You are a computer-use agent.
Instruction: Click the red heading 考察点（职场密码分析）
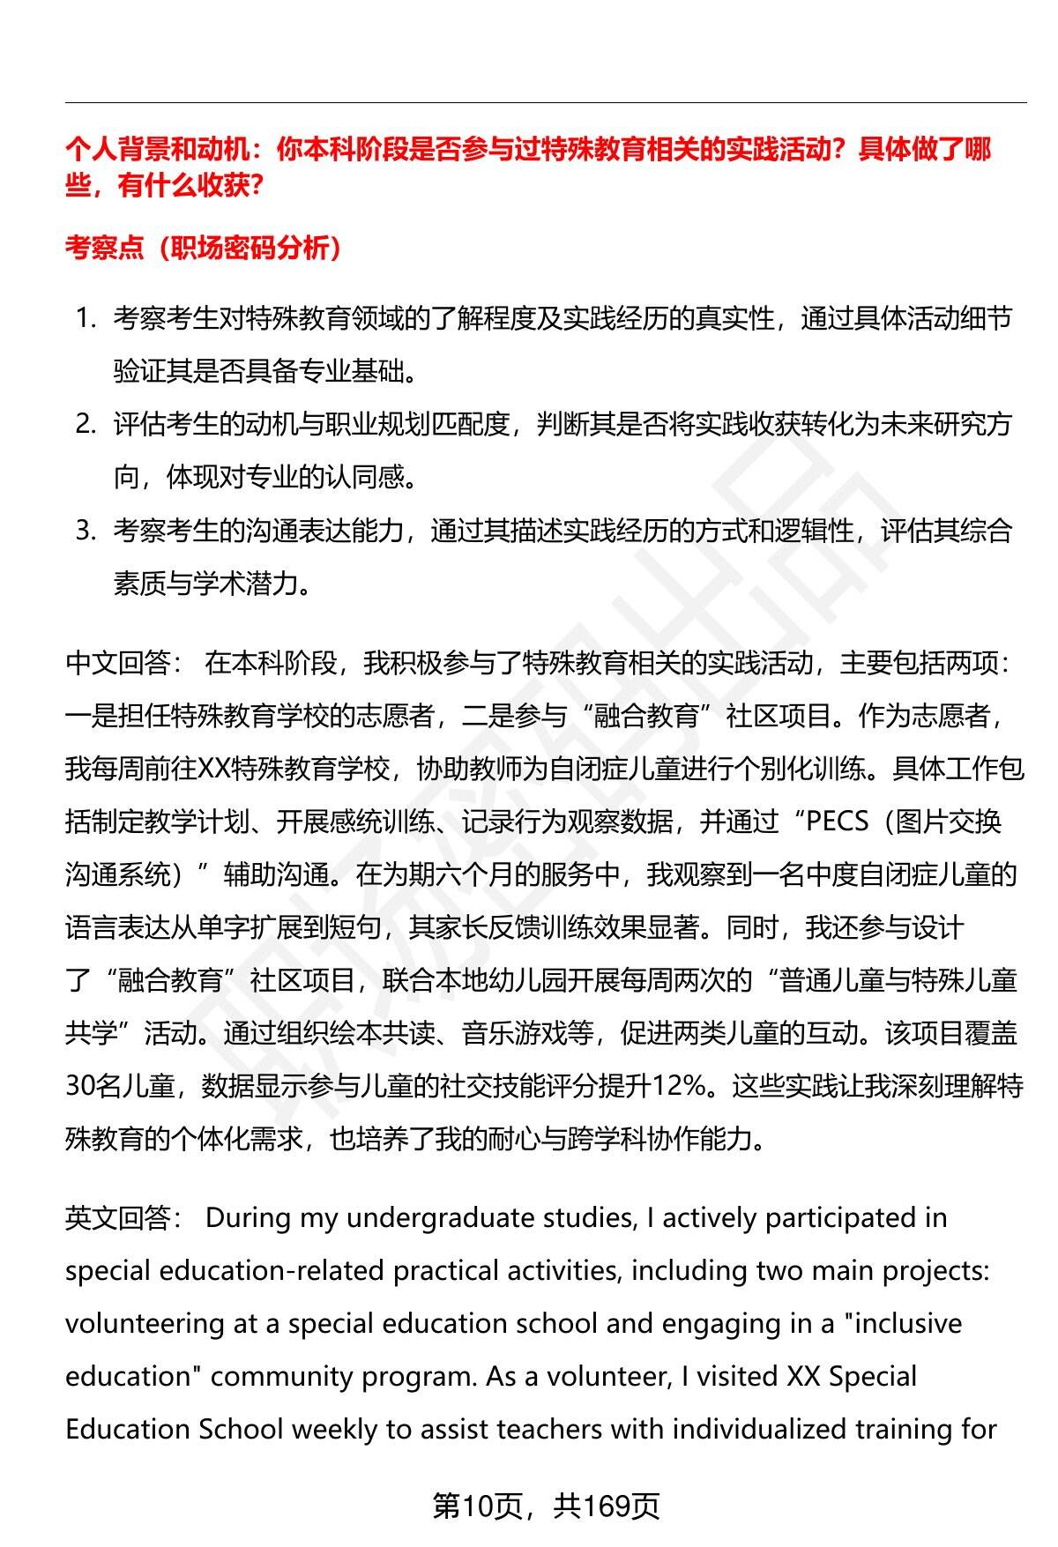coord(204,249)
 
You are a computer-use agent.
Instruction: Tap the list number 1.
coord(86,318)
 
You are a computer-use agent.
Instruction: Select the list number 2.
coord(86,424)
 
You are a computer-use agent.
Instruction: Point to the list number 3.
coord(86,530)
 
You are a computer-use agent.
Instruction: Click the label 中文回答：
coord(124,663)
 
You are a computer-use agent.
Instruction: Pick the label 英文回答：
coord(124,1218)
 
